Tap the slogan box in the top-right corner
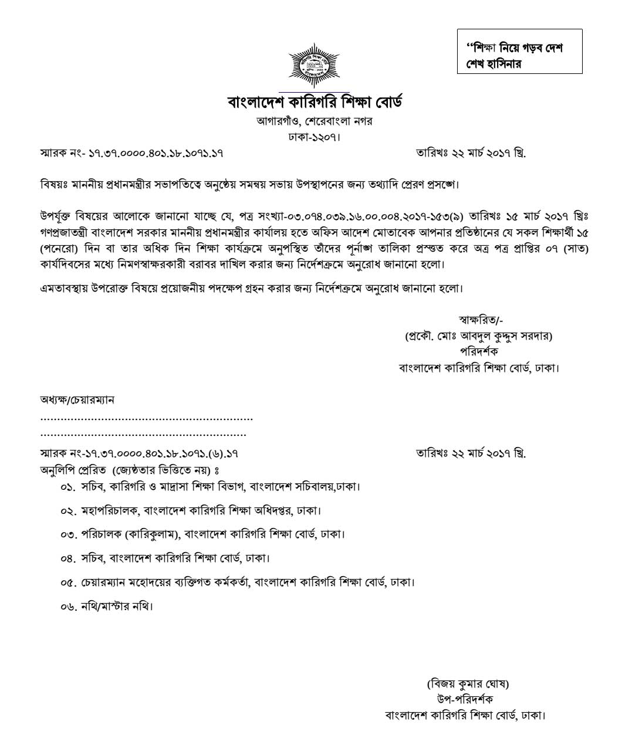click(519, 52)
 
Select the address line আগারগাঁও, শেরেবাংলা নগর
click(315, 121)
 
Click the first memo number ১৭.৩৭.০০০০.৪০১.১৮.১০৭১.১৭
click(155, 154)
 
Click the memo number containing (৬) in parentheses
click(162, 453)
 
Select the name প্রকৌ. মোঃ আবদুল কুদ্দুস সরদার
click(479, 336)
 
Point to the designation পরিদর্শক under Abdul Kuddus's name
click(479, 352)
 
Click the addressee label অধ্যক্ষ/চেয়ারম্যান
click(77, 400)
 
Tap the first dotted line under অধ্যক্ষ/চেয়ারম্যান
click(147, 419)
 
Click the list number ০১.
click(68, 487)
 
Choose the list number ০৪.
click(68, 559)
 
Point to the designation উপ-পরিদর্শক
click(465, 699)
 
